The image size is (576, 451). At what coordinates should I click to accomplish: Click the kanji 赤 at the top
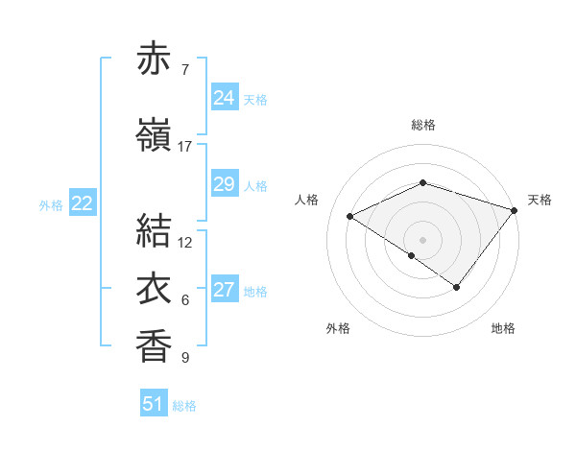coord(154,59)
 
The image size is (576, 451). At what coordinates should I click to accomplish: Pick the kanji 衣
coord(154,289)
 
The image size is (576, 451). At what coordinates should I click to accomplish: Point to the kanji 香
coord(154,345)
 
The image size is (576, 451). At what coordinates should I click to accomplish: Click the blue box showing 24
coord(224,98)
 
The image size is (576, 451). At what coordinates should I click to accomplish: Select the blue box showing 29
coord(224,184)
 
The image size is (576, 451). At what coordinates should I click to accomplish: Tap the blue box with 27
coord(224,291)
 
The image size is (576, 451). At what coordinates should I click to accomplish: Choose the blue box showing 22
coord(83,203)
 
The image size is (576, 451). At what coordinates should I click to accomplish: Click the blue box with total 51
coord(154,404)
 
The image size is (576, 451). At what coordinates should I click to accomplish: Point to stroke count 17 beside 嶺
coord(185,147)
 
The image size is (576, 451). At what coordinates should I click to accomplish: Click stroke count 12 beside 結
coord(186,242)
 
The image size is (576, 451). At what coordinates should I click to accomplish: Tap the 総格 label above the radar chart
coord(423,125)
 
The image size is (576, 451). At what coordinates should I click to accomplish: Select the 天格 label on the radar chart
coord(540,200)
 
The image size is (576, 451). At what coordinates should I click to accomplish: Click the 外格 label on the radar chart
coord(338,328)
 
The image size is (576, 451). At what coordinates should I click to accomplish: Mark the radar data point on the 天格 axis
coord(515,210)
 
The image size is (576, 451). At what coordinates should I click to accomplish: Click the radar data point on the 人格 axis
coord(350,217)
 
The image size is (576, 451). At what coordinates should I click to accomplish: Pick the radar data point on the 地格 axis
coord(457,287)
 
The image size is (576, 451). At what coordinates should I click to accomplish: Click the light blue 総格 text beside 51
coord(184,406)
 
